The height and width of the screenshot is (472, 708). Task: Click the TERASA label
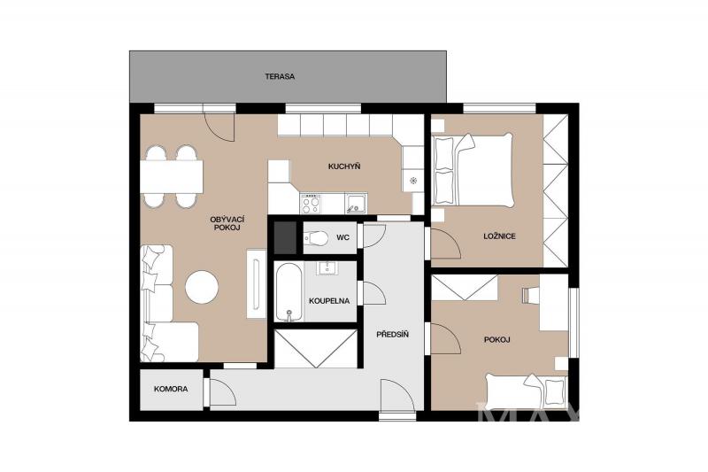[280, 77]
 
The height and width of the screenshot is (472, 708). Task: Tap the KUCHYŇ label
[344, 166]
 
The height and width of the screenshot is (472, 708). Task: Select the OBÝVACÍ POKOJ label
[227, 223]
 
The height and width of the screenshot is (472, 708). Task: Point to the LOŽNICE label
[499, 236]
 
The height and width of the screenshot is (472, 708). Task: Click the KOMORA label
[171, 389]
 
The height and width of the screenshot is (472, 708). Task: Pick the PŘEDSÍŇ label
[392, 335]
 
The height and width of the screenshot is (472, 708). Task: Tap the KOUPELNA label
[329, 301]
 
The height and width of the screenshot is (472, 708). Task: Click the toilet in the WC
[316, 237]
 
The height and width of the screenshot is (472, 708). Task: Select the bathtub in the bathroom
[289, 293]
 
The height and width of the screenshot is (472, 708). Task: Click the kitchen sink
[357, 203]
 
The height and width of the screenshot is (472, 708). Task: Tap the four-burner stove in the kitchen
[311, 204]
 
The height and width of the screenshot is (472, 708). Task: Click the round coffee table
[202, 287]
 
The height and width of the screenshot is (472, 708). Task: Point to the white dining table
[171, 176]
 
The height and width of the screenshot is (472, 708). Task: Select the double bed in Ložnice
[473, 170]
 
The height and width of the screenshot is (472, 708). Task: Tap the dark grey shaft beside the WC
[286, 237]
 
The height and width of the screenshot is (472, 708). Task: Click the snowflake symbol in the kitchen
[412, 181]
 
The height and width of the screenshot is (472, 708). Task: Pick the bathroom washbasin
[325, 268]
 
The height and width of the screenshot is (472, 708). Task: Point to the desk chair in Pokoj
[530, 295]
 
